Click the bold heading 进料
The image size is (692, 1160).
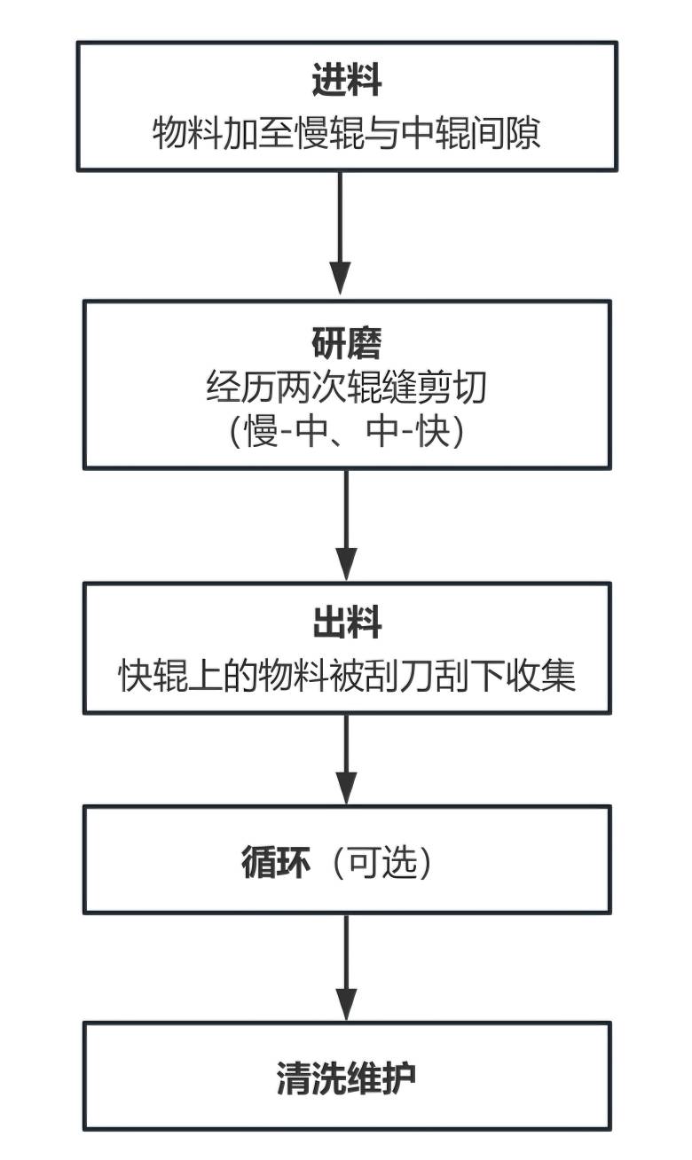pyautogui.click(x=347, y=82)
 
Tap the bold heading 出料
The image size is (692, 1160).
pyautogui.click(x=347, y=623)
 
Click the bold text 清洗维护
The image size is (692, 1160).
pyautogui.click(x=347, y=1078)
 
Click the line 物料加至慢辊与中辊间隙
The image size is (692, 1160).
pyautogui.click(x=347, y=135)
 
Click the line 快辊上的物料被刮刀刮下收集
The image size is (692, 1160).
pyautogui.click(x=347, y=677)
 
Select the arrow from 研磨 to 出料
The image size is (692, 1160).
pyautogui.click(x=346, y=523)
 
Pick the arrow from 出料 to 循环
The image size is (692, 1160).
pyautogui.click(x=346, y=758)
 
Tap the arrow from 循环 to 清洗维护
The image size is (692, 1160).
pyautogui.click(x=346, y=967)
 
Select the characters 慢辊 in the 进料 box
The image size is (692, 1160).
pyautogui.click(x=303, y=135)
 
